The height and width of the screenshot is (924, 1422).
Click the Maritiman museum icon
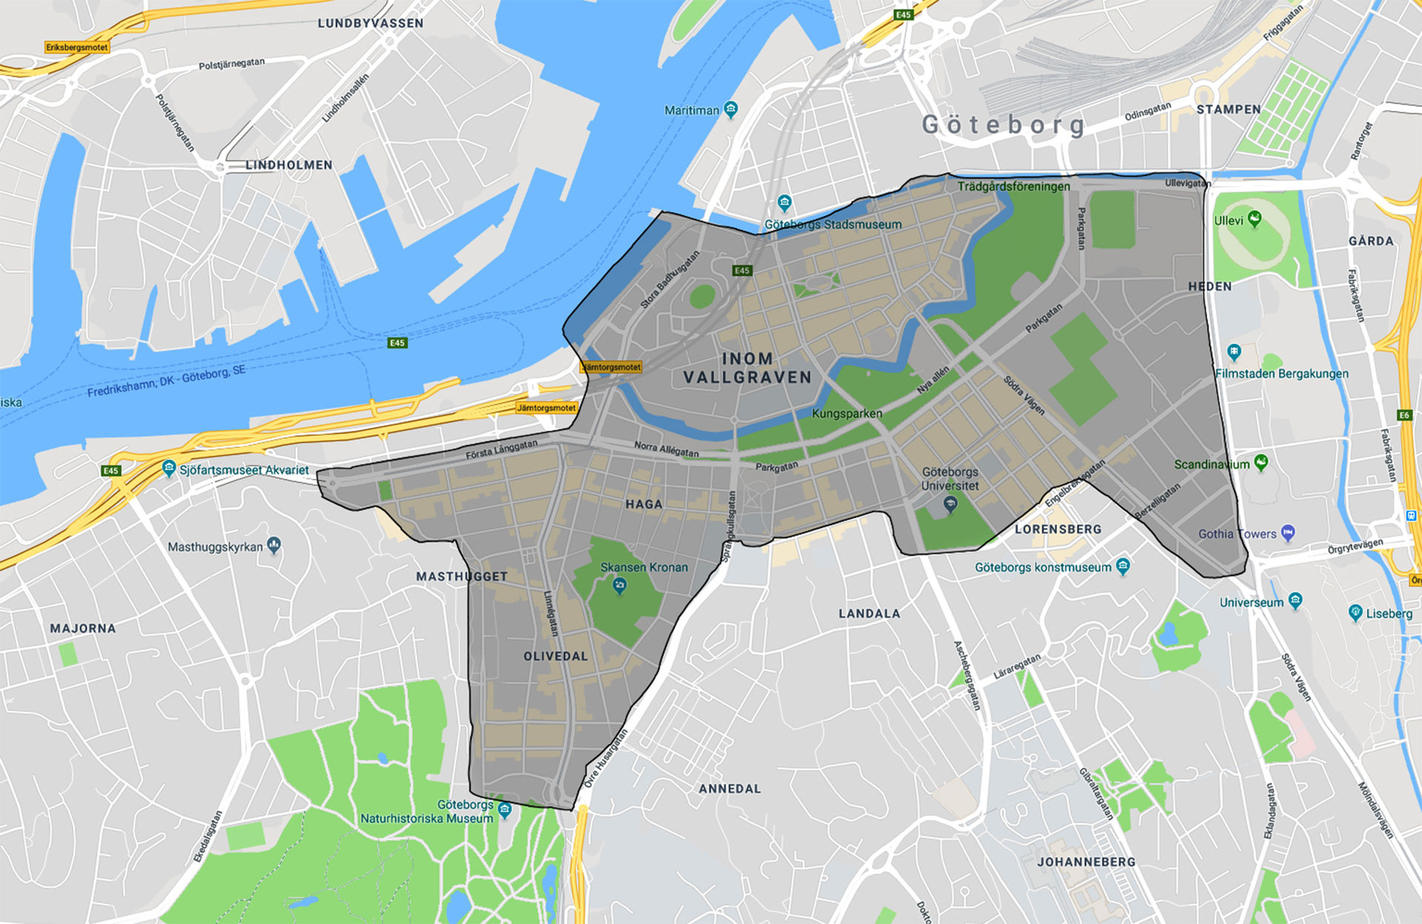[731, 110]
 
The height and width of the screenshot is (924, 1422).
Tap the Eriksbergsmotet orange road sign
[77, 47]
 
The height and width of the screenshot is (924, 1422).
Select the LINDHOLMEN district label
[289, 165]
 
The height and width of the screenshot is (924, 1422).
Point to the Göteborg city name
[1004, 124]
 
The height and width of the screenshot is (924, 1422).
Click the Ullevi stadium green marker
[1254, 218]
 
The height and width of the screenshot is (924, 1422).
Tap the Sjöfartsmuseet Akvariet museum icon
[169, 468]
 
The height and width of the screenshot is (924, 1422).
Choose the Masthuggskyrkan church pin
[274, 546]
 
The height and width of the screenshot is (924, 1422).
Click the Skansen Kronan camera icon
[619, 586]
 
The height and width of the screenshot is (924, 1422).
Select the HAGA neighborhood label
[644, 504]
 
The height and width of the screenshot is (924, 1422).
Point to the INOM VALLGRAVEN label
[747, 368]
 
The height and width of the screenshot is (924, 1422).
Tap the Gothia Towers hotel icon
[1288, 532]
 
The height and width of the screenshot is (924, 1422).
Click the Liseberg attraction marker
[1355, 612]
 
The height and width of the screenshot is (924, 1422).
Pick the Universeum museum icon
[1295, 600]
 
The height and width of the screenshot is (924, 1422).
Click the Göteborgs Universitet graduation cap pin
[951, 504]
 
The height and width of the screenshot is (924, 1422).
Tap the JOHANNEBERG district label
[1086, 862]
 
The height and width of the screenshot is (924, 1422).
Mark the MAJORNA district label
[83, 629]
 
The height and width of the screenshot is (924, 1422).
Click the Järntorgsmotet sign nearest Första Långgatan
[546, 408]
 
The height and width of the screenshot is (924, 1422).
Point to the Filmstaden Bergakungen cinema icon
[1233, 351]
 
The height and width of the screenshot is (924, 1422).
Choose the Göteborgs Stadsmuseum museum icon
[784, 202]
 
